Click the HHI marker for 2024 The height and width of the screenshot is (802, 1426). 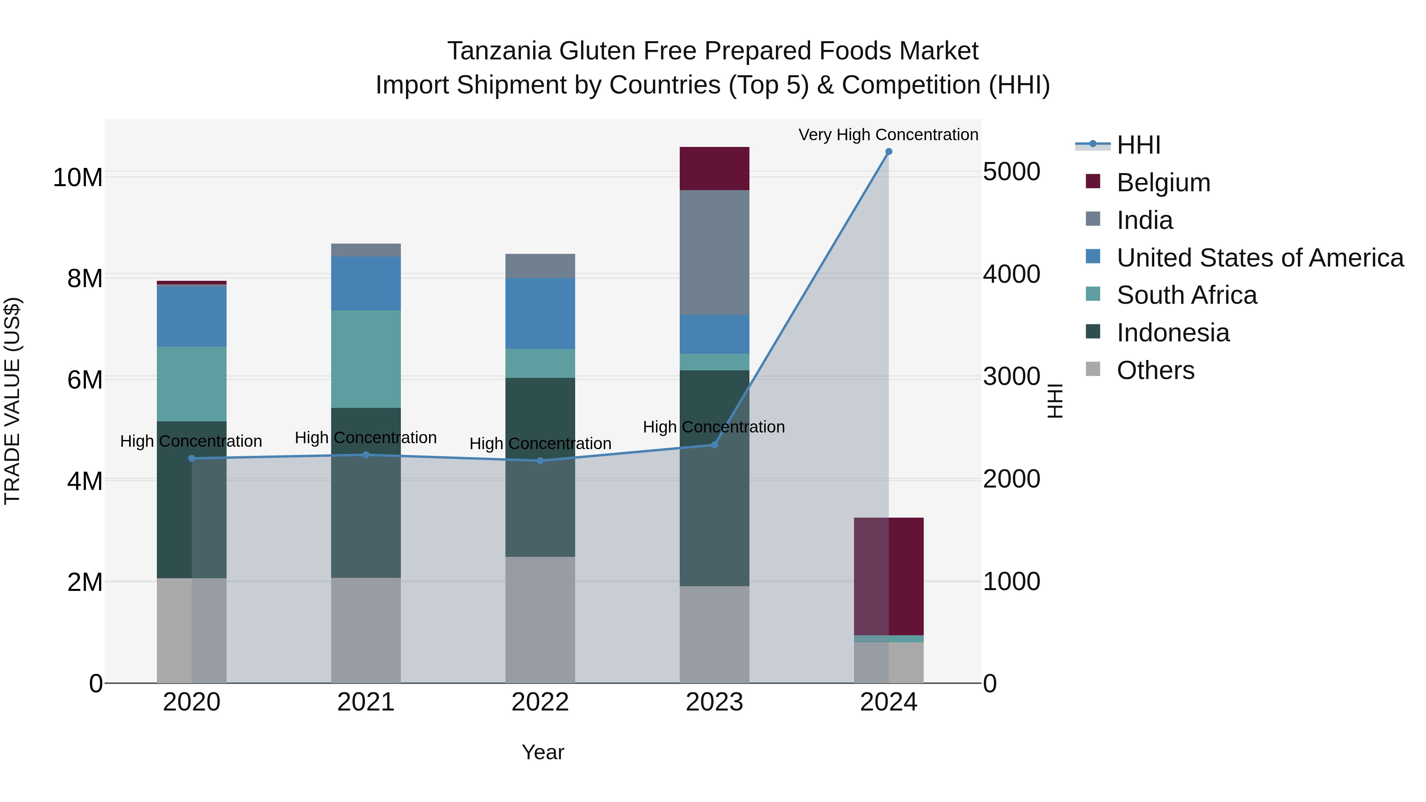point(888,152)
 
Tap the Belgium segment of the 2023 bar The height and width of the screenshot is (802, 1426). point(714,169)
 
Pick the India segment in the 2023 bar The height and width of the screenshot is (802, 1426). point(714,252)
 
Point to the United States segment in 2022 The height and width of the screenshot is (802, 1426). point(540,313)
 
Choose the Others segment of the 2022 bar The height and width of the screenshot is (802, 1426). point(540,620)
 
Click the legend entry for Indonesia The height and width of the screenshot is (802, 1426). point(1172,333)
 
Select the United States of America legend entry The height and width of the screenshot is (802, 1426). point(1259,258)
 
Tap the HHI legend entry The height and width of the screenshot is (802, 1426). point(1138,145)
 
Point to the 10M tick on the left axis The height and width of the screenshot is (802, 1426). point(78,178)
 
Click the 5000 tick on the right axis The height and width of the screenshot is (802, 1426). point(1011,171)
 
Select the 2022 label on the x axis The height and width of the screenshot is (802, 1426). point(540,702)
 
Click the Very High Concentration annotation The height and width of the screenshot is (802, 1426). point(888,135)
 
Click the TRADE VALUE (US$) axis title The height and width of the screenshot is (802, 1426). point(12,401)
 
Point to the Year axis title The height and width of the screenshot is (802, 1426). point(543,752)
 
